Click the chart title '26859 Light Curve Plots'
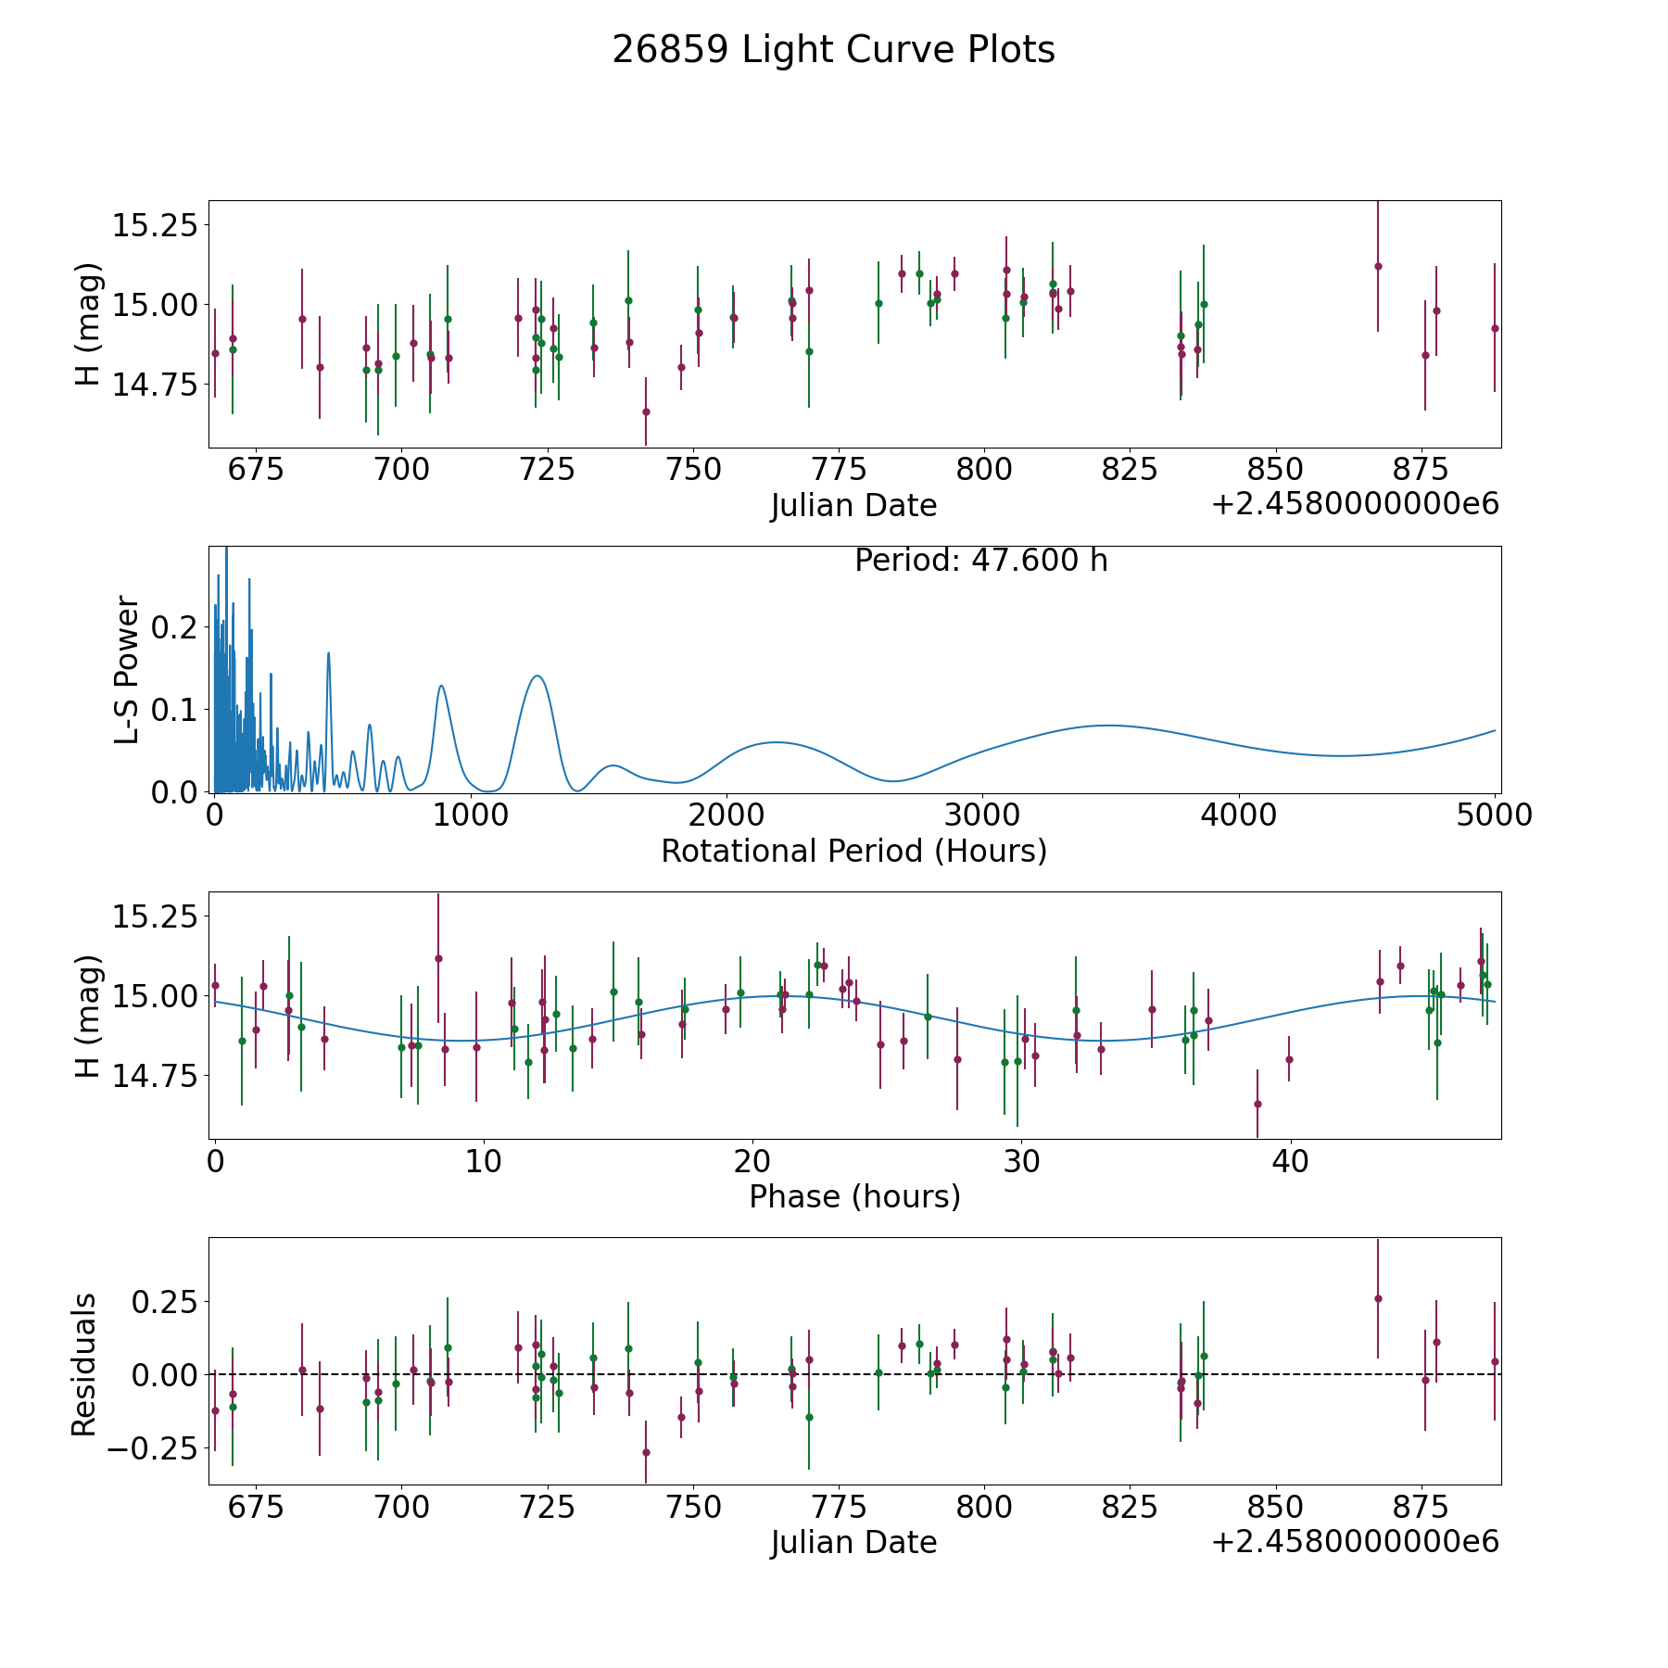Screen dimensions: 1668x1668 point(833,50)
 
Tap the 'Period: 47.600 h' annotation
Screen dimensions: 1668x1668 point(980,561)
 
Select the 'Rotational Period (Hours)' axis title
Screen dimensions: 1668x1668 point(853,851)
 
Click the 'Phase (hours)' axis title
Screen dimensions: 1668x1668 point(854,1196)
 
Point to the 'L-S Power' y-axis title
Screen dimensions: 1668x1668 point(128,669)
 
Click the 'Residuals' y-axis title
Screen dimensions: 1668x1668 point(84,1364)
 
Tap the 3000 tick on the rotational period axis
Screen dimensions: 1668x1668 point(982,815)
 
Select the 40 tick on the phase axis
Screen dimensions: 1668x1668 point(1289,1161)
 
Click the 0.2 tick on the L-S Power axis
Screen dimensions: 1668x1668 point(175,627)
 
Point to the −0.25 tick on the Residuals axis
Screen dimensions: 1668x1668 point(152,1447)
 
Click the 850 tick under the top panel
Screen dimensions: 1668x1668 point(1275,470)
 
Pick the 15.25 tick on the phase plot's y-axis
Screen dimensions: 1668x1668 point(155,916)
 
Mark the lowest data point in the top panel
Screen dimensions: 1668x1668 point(646,411)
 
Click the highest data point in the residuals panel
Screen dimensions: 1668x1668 point(1378,1298)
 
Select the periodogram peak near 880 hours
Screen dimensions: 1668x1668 point(441,686)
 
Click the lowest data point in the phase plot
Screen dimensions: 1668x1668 point(1257,1104)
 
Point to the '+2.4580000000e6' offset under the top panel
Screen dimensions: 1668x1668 point(1355,504)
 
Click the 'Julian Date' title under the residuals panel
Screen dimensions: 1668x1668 point(853,1542)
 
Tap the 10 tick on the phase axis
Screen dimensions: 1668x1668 point(484,1161)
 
